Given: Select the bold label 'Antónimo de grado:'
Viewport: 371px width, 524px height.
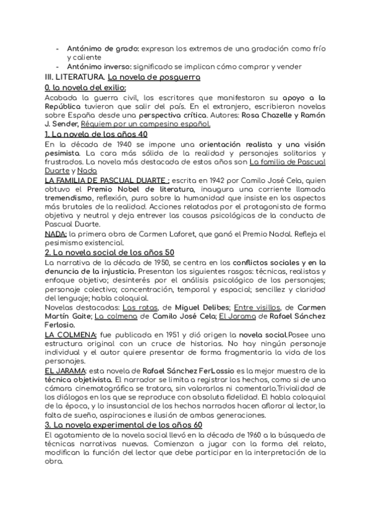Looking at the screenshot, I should [100, 48].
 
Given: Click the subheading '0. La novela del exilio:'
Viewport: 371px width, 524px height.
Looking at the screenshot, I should [82, 88].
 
